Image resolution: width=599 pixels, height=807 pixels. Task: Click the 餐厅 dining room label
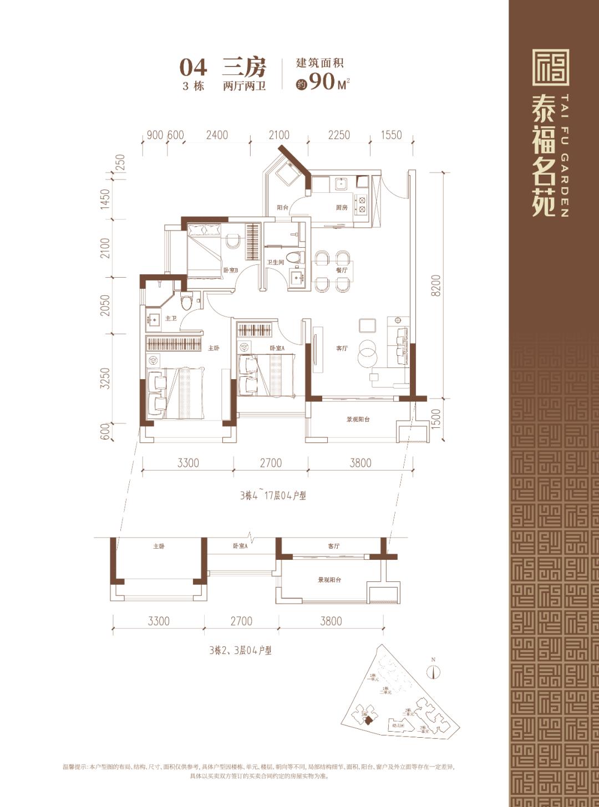[x=341, y=270]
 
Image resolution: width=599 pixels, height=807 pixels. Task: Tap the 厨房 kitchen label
[x=342, y=207]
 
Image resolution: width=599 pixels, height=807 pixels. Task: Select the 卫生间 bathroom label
[x=275, y=263]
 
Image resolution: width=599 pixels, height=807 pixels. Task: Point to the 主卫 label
[x=171, y=318]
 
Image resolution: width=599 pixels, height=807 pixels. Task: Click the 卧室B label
[x=230, y=270]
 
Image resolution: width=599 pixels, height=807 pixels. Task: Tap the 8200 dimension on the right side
[x=436, y=285]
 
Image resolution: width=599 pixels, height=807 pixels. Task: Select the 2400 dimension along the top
[x=216, y=135]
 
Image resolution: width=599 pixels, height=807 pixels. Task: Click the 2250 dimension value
[x=339, y=135]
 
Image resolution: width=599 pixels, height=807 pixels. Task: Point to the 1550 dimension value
[x=391, y=135]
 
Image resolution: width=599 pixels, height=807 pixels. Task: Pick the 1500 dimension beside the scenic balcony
[x=436, y=418]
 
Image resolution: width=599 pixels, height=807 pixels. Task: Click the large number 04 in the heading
[x=193, y=68]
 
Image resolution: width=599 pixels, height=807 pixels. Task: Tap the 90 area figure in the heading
[x=322, y=82]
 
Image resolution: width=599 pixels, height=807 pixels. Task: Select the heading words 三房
[x=244, y=68]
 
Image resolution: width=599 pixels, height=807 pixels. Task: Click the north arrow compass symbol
[x=433, y=671]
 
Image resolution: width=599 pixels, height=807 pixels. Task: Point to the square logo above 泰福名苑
[x=550, y=67]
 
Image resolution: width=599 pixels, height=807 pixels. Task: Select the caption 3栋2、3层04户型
[x=240, y=650]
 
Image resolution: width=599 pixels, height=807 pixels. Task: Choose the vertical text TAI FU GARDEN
[x=564, y=155]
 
